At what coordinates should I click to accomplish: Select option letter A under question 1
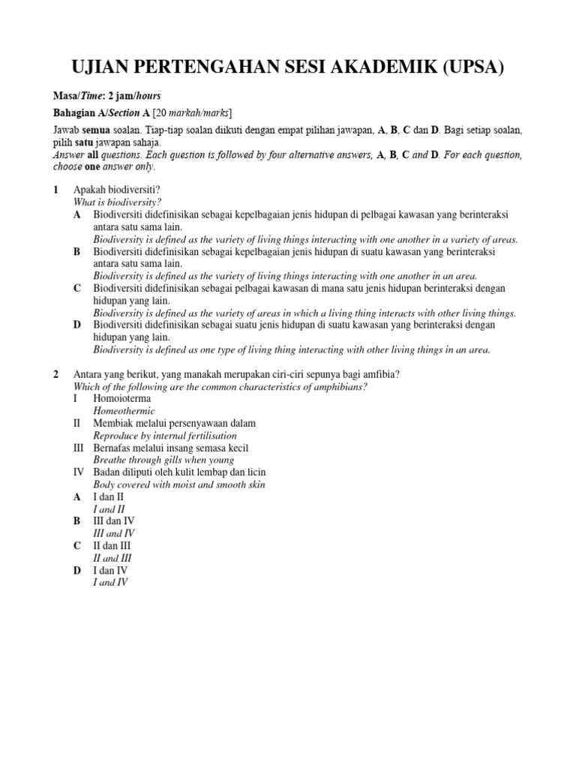pyautogui.click(x=77, y=214)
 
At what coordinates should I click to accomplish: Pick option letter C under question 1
pyautogui.click(x=77, y=288)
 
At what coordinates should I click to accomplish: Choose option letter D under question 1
pyautogui.click(x=77, y=325)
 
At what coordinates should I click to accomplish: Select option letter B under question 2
pyautogui.click(x=77, y=520)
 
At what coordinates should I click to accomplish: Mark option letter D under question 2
pyautogui.click(x=77, y=570)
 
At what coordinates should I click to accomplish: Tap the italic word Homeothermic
pyautogui.click(x=124, y=411)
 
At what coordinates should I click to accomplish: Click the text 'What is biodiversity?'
pyautogui.click(x=117, y=202)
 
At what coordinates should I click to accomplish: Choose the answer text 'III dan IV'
pyautogui.click(x=114, y=520)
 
